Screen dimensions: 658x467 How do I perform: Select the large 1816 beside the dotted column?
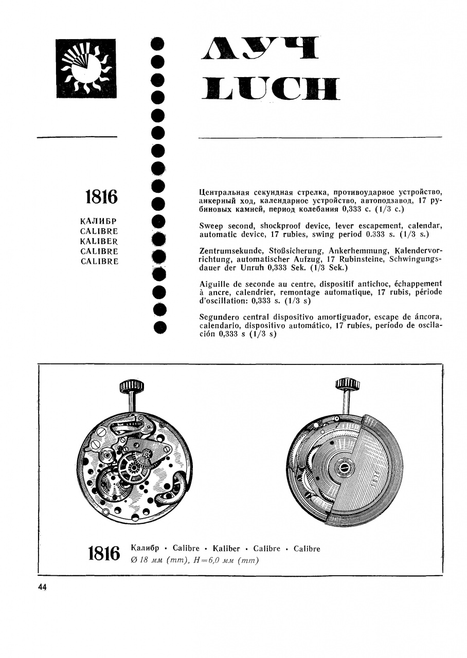pyautogui.click(x=101, y=197)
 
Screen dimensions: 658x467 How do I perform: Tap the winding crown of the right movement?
pyautogui.click(x=347, y=386)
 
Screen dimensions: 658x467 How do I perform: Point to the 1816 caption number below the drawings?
pyautogui.click(x=104, y=554)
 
